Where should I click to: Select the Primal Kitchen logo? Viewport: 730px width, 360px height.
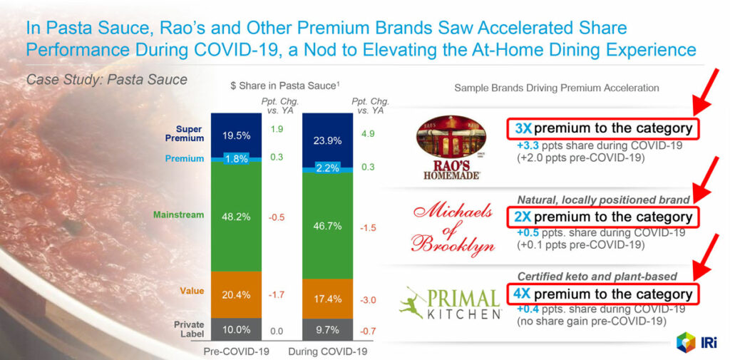click(449, 303)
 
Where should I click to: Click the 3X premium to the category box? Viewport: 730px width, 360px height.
click(602, 128)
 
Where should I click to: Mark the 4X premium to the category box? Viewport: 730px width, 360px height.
click(602, 294)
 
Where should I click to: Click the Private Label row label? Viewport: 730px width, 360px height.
click(189, 329)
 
